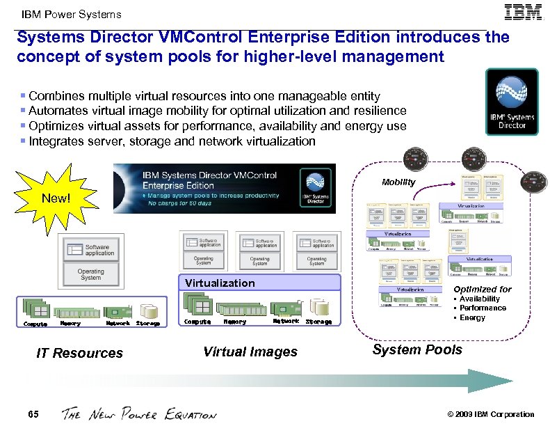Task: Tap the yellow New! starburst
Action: click(56, 198)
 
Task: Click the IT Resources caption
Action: click(79, 353)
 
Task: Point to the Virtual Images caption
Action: click(250, 352)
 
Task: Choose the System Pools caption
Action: click(417, 349)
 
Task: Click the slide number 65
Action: click(33, 414)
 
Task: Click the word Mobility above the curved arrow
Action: click(398, 182)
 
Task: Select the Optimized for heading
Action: click(483, 289)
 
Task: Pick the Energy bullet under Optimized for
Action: click(472, 317)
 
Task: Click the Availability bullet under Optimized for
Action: click(479, 299)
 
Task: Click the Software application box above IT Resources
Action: click(91, 249)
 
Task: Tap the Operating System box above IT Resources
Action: click(91, 274)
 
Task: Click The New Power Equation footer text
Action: click(139, 414)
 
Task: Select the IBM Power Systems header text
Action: click(72, 14)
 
